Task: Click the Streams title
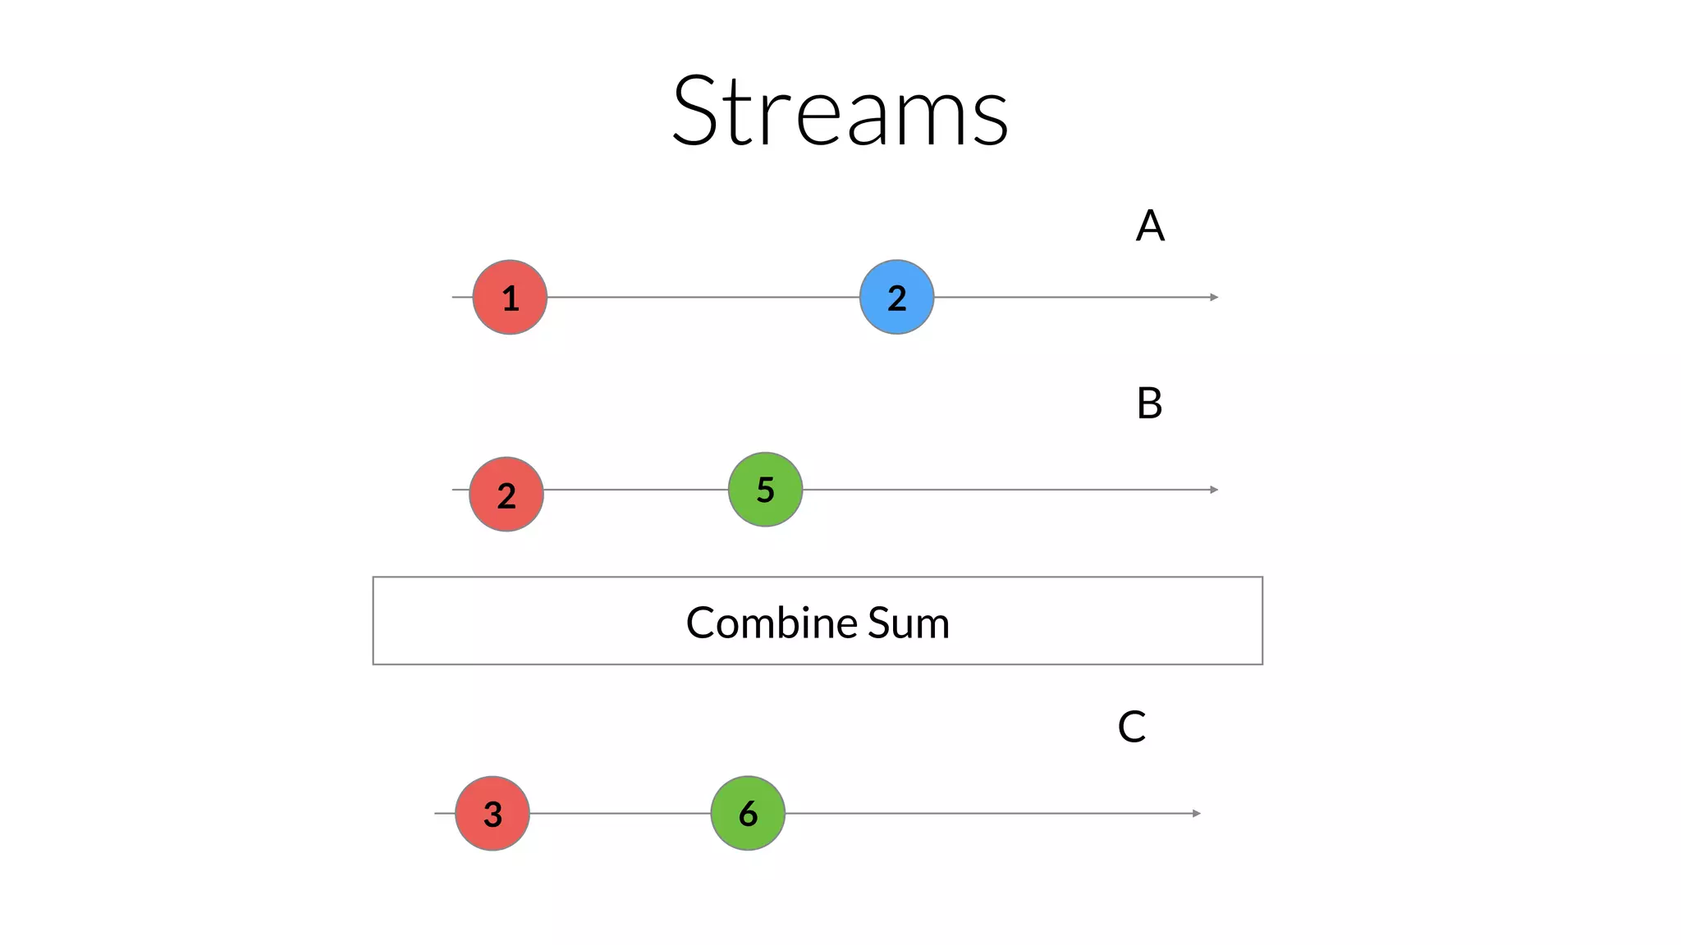(x=840, y=111)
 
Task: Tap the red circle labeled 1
(x=510, y=297)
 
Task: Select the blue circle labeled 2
(x=896, y=297)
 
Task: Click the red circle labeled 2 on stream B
(x=506, y=495)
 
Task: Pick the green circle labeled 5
(x=765, y=490)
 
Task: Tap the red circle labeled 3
(x=492, y=813)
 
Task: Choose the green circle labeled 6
(x=748, y=813)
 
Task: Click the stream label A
(x=1150, y=226)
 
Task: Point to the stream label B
(x=1149, y=404)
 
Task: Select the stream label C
(x=1132, y=727)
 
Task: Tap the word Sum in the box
(x=908, y=623)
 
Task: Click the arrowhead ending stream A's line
(x=1214, y=297)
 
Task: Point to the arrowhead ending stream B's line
(x=1214, y=490)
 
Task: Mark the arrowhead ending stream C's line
(x=1197, y=813)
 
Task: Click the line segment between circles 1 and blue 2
(x=703, y=297)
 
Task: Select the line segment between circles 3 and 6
(x=620, y=813)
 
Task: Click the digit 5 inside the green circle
(x=765, y=490)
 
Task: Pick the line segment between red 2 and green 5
(x=635, y=490)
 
